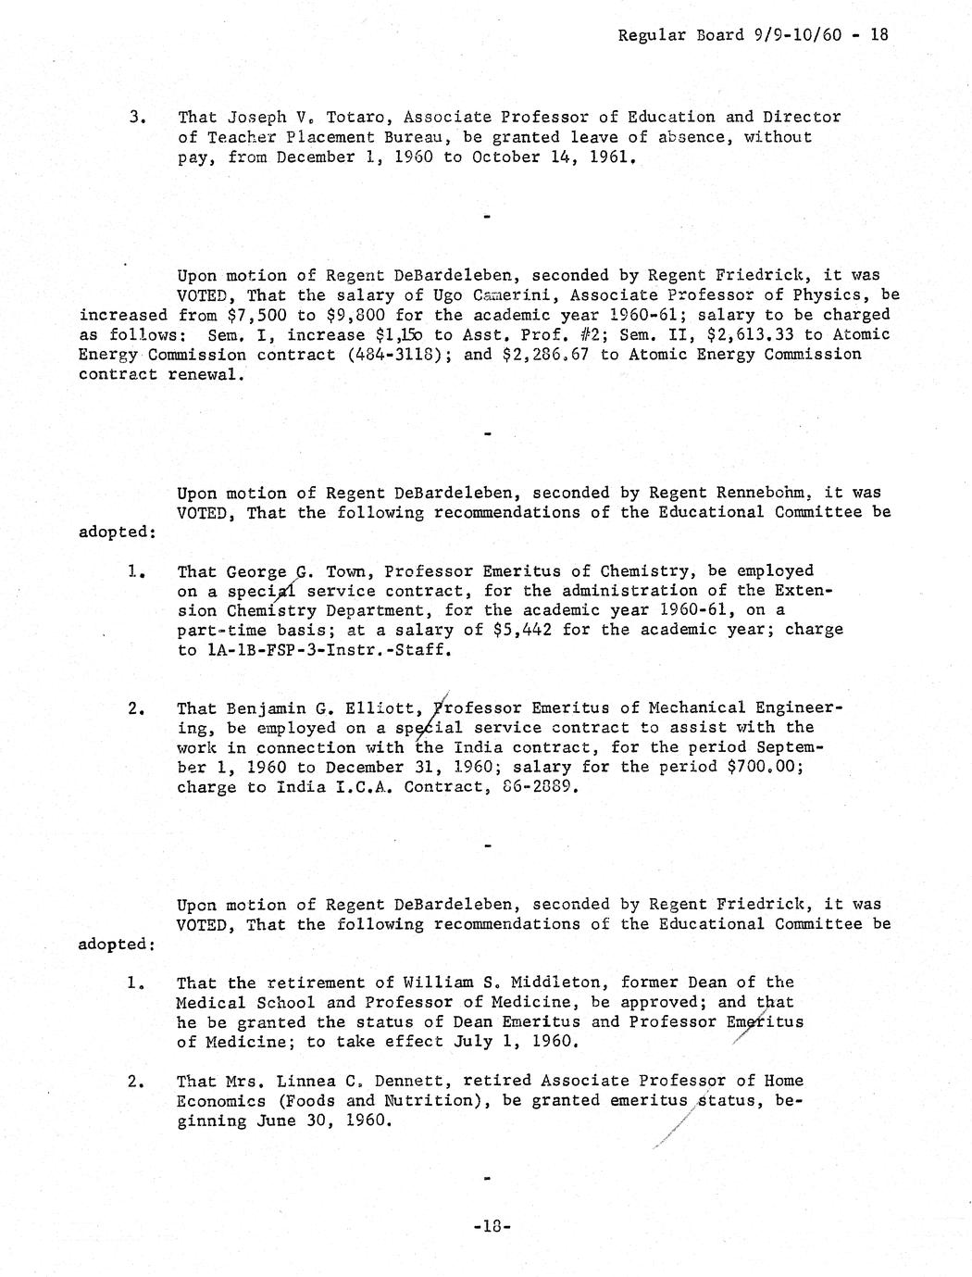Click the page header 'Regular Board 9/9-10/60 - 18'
(x=753, y=34)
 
